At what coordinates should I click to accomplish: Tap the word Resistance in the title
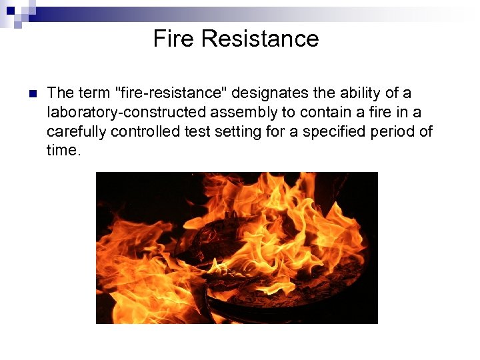coord(260,39)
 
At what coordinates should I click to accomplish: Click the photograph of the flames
coord(237,247)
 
